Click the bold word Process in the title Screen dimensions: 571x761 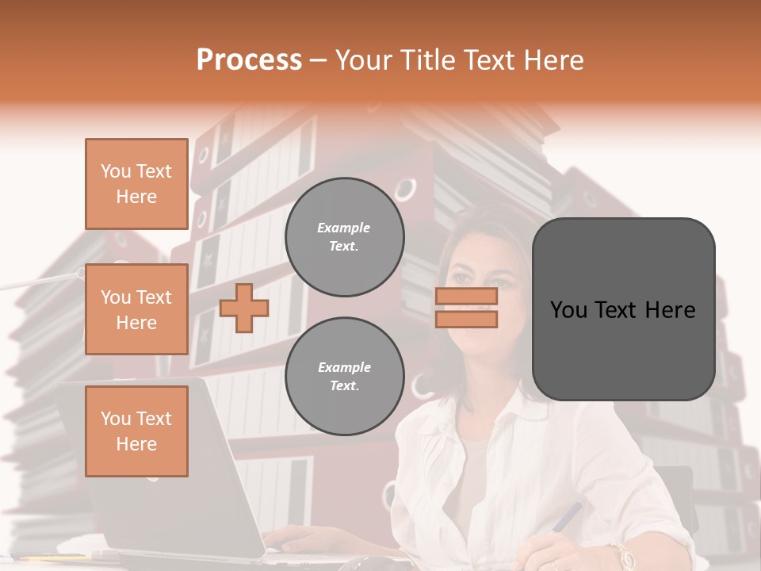(x=249, y=60)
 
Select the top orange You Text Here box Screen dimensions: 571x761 (x=136, y=184)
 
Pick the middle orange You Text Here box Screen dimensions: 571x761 (x=136, y=309)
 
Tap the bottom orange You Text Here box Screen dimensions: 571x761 (x=136, y=431)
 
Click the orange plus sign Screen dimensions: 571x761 (x=244, y=308)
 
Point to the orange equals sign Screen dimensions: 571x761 (x=466, y=308)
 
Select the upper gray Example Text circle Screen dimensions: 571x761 (x=344, y=237)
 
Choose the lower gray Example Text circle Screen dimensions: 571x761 (x=344, y=377)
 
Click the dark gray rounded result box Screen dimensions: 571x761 (x=623, y=309)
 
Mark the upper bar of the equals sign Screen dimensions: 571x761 (x=466, y=297)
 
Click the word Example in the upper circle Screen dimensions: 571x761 (x=343, y=228)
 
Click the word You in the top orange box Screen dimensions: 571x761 (x=115, y=171)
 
